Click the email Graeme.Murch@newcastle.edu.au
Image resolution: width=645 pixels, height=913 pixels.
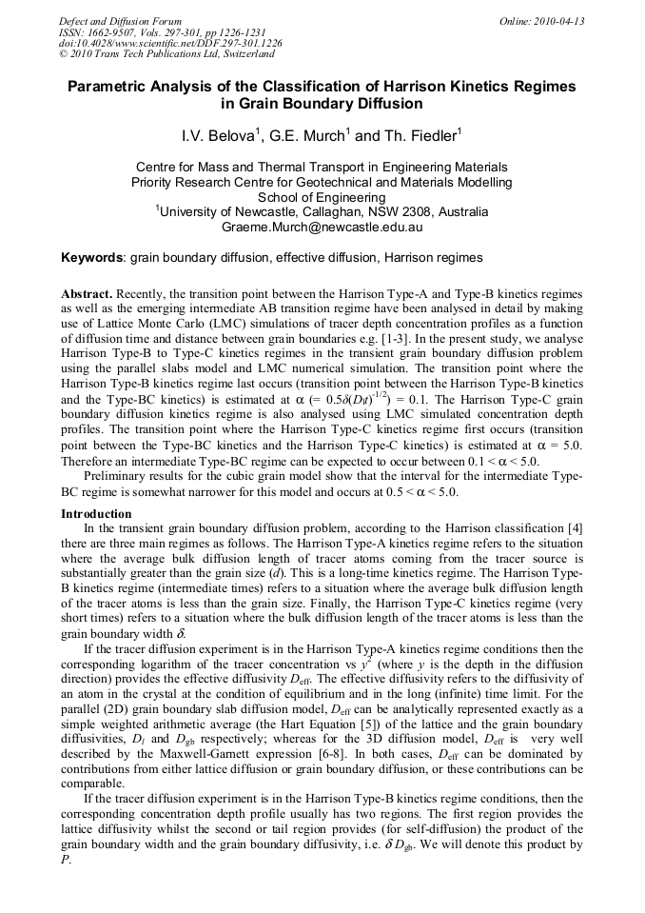322,228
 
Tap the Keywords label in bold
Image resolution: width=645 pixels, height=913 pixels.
92,258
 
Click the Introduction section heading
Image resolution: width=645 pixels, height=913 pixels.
96,514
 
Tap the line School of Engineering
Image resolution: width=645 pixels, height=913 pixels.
322,197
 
